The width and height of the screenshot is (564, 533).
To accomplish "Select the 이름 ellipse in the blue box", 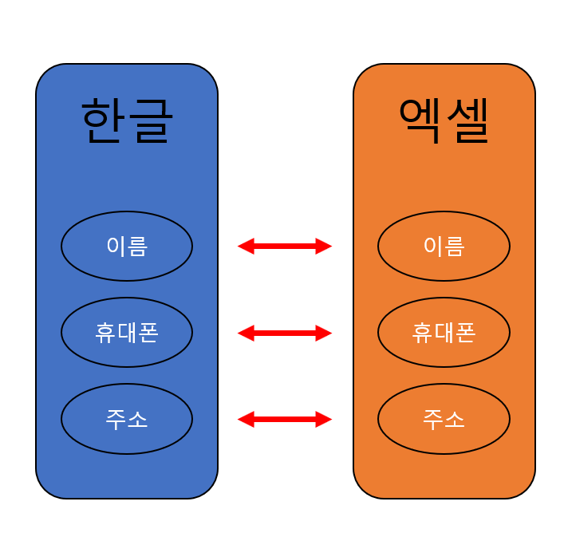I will [x=127, y=246].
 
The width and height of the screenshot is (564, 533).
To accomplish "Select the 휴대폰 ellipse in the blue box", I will [x=127, y=332].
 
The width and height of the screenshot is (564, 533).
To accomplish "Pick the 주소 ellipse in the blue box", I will [x=127, y=418].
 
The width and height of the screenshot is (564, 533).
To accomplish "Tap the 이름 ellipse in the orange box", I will [x=444, y=246].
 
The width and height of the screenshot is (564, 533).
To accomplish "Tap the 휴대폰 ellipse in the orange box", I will [x=444, y=332].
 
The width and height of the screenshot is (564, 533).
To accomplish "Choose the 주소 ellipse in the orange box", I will [x=444, y=418].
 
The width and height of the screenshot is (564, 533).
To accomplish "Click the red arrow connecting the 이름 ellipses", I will [x=285, y=247].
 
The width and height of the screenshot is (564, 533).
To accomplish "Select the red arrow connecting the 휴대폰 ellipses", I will [x=285, y=333].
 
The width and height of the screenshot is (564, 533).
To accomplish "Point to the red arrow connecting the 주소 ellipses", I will [x=285, y=419].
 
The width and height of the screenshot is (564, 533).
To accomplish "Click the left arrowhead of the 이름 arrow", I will [x=246, y=247].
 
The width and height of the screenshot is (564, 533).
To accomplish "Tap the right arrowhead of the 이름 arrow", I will [x=324, y=247].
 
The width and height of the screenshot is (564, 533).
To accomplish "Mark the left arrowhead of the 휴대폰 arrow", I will [x=246, y=333].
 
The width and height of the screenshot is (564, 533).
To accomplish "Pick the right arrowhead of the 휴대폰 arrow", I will [x=324, y=333].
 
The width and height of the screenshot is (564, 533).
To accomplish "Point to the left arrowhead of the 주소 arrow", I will [x=246, y=419].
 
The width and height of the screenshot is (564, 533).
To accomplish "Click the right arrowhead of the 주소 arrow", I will [x=324, y=419].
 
